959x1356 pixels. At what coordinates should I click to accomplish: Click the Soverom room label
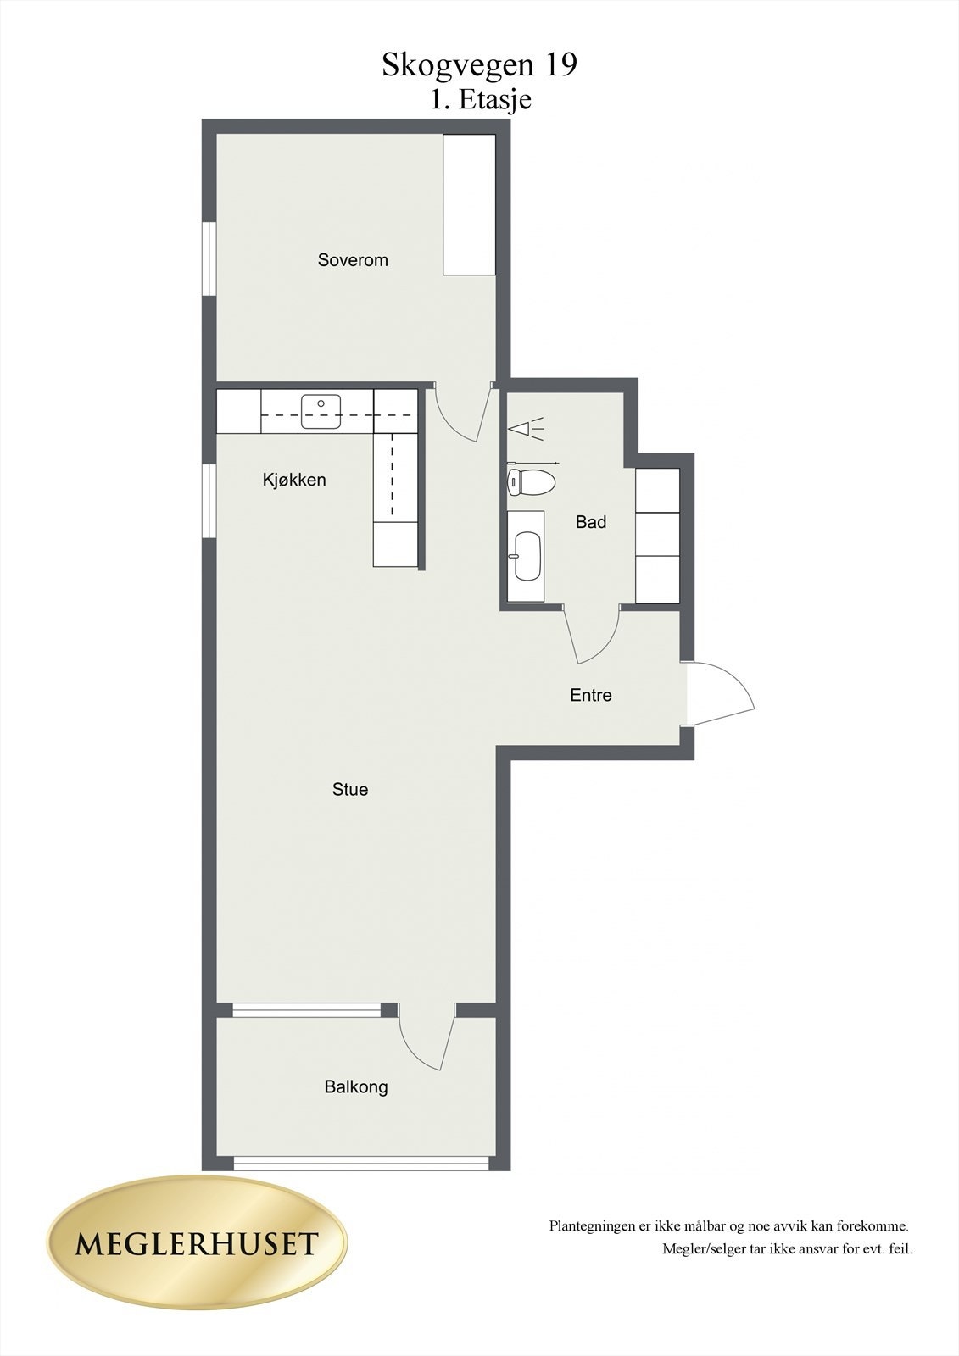click(x=353, y=260)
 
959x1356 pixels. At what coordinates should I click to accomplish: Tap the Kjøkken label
click(x=294, y=480)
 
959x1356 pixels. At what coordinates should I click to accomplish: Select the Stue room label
click(x=350, y=790)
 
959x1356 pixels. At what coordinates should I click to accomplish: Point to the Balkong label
click(x=356, y=1086)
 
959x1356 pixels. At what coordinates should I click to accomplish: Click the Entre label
click(x=591, y=695)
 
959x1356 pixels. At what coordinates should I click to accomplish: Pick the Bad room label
click(x=591, y=522)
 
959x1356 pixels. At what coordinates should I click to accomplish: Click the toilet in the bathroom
click(x=530, y=483)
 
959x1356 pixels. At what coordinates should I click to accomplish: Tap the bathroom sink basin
click(x=527, y=556)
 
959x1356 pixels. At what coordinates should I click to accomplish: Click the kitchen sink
click(x=321, y=411)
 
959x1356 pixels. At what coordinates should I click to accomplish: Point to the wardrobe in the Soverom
click(x=469, y=204)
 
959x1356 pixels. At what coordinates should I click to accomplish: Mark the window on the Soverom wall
click(x=209, y=258)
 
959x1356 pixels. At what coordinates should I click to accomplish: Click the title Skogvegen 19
click(x=479, y=64)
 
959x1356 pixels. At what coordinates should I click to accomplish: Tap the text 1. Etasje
click(x=480, y=99)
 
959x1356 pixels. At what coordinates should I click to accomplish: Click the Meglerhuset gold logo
click(x=197, y=1243)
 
